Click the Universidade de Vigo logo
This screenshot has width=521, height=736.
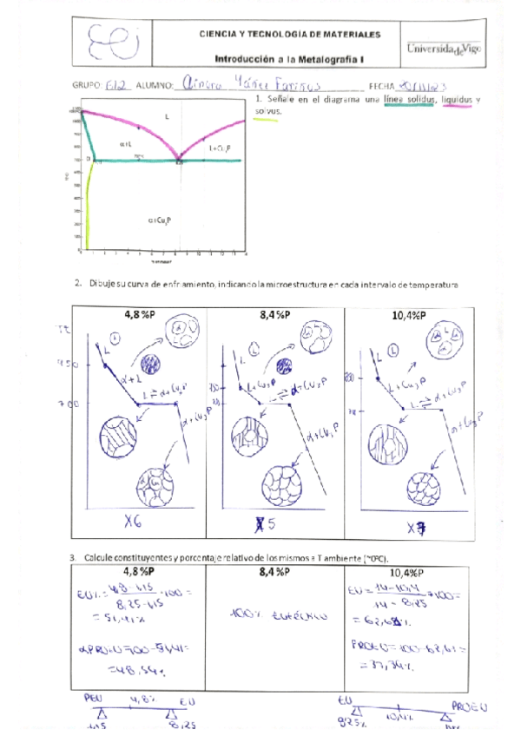(x=444, y=49)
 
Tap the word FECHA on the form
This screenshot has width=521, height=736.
(x=381, y=86)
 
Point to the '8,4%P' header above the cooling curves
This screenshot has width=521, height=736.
(x=276, y=316)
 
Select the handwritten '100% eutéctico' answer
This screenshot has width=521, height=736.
(x=277, y=615)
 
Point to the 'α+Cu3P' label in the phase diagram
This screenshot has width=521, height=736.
(x=162, y=220)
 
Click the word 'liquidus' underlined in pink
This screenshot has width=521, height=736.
(x=459, y=102)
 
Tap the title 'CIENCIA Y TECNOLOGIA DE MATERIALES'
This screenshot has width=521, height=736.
(x=289, y=35)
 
